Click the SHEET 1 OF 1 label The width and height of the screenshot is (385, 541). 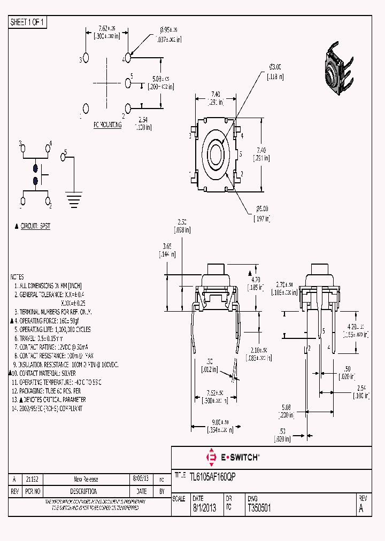click(28, 22)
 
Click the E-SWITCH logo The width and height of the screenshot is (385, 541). click(233, 457)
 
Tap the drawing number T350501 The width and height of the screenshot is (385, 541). click(259, 509)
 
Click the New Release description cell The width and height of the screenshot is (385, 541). click(86, 480)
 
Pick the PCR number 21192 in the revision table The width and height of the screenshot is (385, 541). click(32, 480)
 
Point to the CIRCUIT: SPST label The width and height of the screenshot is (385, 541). click(35, 226)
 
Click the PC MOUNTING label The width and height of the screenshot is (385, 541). click(107, 125)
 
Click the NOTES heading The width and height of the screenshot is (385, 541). click(17, 277)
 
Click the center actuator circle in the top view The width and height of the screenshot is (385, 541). click(217, 156)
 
